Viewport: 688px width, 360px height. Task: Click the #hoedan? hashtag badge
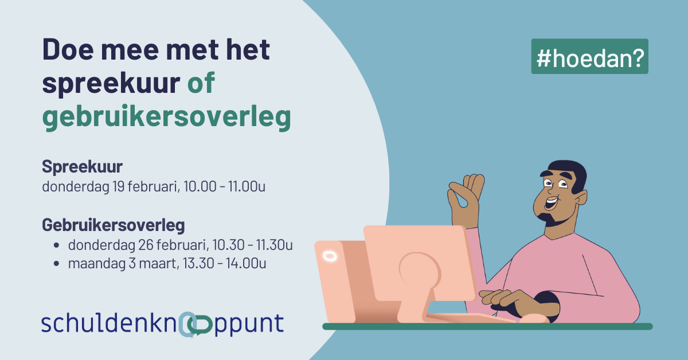pos(590,56)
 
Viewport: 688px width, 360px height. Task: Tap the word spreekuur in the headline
pos(111,83)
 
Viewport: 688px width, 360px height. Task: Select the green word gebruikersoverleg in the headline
pos(166,117)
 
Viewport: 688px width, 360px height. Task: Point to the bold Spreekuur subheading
pos(83,167)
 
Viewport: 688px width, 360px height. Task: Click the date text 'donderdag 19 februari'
pos(111,187)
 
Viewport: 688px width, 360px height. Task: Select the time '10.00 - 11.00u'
pos(225,186)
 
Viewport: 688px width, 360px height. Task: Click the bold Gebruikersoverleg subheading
pos(114,225)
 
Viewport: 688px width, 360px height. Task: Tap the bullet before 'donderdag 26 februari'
pos(56,245)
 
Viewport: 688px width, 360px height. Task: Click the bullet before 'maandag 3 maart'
pos(56,264)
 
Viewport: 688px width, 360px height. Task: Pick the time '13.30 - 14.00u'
pos(225,264)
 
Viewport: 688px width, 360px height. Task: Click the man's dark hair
pos(568,174)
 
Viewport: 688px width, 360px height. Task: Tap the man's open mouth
pos(552,204)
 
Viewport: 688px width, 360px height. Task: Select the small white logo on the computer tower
pos(330,256)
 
